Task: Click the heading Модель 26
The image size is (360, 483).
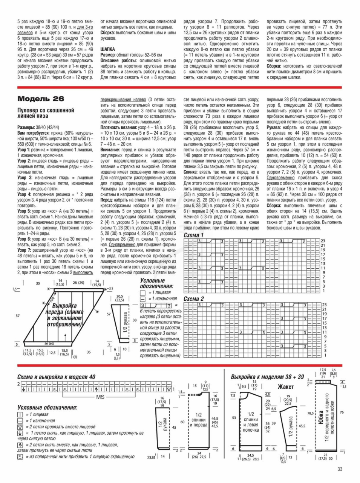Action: pyautogui.click(x=41, y=99)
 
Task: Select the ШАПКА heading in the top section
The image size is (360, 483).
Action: pyautogui.click(x=107, y=49)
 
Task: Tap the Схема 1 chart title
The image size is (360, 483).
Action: pyautogui.click(x=193, y=235)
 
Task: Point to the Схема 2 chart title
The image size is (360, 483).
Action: pyautogui.click(x=193, y=299)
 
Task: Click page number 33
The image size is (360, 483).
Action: pyautogui.click(x=340, y=469)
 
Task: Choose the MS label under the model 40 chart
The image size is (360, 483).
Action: pyautogui.click(x=100, y=397)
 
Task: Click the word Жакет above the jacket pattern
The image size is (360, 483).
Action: pyautogui.click(x=285, y=387)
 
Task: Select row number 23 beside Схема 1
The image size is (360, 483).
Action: pyautogui.click(x=323, y=241)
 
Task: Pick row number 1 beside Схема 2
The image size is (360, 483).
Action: pyautogui.click(x=325, y=355)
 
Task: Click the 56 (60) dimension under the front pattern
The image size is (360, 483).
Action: pyautogui.click(x=49, y=344)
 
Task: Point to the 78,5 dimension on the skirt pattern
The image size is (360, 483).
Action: pyautogui.click(x=310, y=413)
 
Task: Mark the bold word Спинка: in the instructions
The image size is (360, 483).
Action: pyautogui.click(x=192, y=172)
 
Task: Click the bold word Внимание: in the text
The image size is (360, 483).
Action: pyautogui.click(x=110, y=150)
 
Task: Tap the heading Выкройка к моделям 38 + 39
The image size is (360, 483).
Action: pyautogui.click(x=267, y=377)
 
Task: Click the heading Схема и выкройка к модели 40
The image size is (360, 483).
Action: pyautogui.click(x=56, y=377)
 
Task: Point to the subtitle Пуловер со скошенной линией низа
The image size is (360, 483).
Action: pyautogui.click(x=46, y=113)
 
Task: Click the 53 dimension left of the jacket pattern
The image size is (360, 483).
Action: pyautogui.click(x=234, y=418)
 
